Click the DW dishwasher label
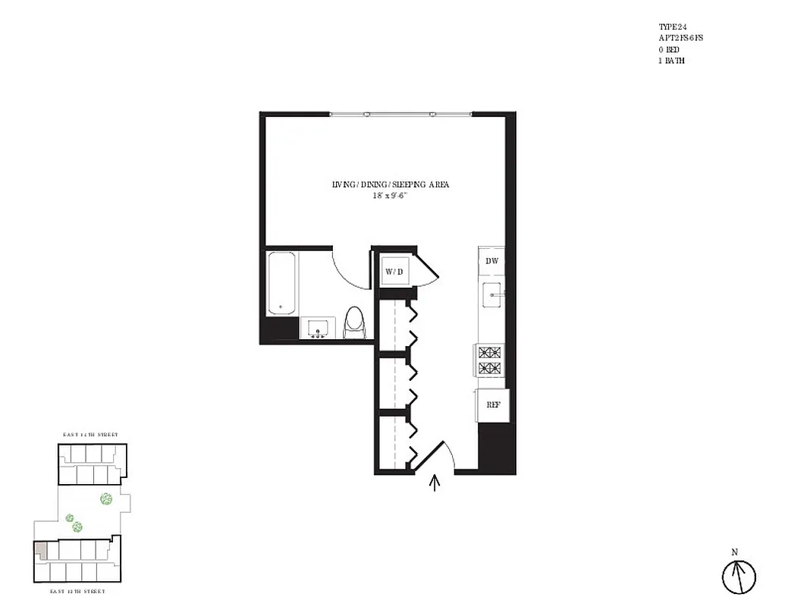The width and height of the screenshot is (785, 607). (491, 260)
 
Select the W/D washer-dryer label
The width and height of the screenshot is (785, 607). (394, 271)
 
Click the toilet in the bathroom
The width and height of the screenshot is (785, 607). (354, 323)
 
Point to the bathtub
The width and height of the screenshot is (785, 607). (282, 284)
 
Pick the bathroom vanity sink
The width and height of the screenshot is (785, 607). (317, 328)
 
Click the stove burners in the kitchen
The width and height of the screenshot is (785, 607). (490, 360)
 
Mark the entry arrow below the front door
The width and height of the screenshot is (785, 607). (435, 483)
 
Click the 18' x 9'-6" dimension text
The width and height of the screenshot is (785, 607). (391, 195)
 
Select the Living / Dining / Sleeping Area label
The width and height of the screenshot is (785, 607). (391, 184)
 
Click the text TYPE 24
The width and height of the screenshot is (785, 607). (672, 27)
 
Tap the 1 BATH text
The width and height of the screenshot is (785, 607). (671, 61)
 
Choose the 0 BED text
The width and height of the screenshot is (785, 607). (669, 49)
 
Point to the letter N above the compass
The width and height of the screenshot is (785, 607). (734, 552)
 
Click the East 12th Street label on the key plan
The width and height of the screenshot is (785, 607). (90, 435)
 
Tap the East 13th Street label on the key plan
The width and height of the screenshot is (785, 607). (77, 590)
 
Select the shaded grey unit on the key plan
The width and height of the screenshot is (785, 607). (41, 551)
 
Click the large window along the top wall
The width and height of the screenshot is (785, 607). (400, 115)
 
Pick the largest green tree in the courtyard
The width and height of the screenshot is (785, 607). (105, 499)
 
